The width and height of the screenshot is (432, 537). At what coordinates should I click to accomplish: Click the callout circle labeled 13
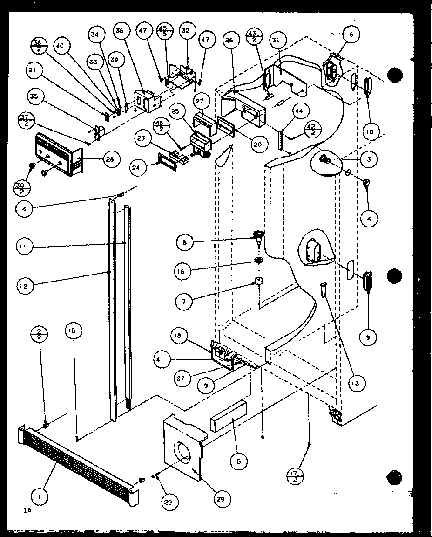click(x=357, y=383)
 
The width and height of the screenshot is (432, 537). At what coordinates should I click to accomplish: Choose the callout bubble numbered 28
click(x=111, y=159)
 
